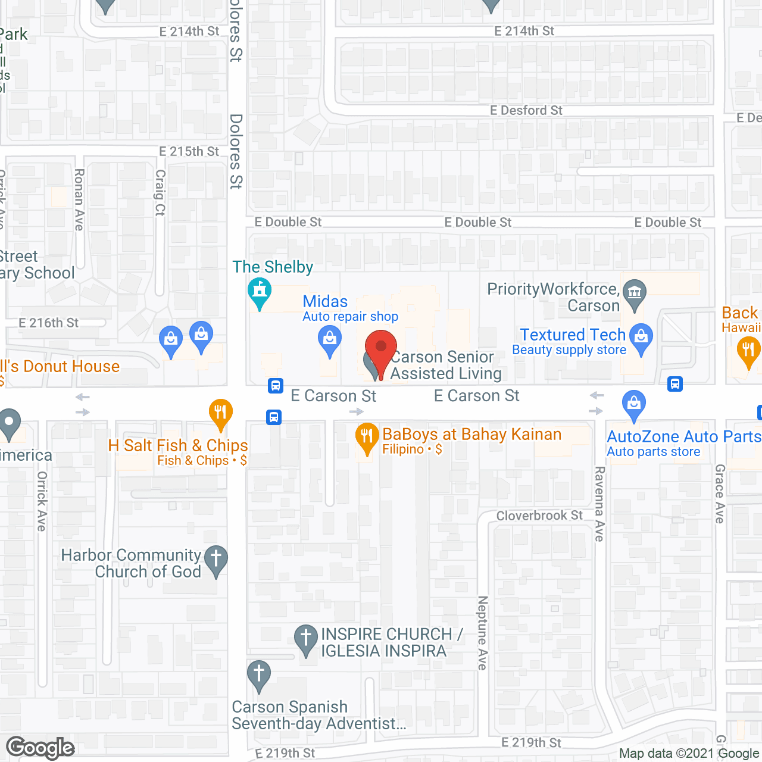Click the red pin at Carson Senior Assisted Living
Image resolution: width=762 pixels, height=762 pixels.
coord(380,348)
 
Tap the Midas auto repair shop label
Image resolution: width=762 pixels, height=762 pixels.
coord(325,302)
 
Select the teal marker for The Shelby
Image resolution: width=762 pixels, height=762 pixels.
coord(260,291)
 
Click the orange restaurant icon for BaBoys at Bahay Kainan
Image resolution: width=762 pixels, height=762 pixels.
coord(367,438)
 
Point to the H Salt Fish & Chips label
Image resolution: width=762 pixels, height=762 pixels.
coord(178,446)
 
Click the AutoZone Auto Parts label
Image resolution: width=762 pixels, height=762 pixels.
coord(683,437)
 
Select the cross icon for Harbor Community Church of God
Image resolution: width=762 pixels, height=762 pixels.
coord(216,559)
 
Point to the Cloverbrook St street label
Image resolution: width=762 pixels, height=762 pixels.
coord(539,516)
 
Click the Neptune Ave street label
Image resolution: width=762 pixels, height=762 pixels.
coord(483,633)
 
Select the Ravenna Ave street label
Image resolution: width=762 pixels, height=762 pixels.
coord(599,504)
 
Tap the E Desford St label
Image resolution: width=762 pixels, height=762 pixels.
coord(526,111)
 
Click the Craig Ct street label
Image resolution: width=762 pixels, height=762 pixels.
coord(160,192)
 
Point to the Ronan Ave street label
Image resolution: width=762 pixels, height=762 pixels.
coord(79,199)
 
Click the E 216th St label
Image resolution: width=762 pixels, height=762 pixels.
coord(48,323)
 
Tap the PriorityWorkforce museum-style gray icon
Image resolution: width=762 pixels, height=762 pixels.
coord(634,292)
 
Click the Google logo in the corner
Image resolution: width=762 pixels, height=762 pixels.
coord(40,748)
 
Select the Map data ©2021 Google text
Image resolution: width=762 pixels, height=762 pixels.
coord(689,754)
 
